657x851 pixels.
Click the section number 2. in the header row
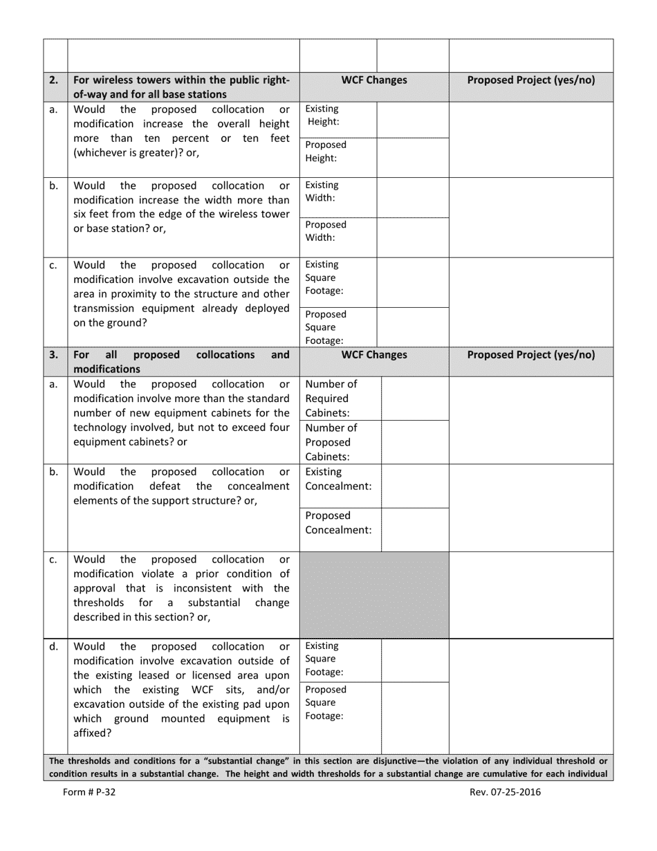pos(54,80)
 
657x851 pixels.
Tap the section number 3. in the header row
pos(54,355)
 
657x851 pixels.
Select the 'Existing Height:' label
pos(323,116)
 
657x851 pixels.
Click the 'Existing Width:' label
pos(322,192)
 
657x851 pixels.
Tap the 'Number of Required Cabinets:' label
pos(331,399)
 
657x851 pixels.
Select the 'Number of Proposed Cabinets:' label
pos(331,442)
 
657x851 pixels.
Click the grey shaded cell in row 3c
pos(373,594)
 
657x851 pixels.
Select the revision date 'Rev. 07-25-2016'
pos(505,793)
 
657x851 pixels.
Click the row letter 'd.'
pos(54,646)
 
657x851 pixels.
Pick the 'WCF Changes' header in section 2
pos(374,80)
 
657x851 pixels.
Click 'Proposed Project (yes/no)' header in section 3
pos(531,355)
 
